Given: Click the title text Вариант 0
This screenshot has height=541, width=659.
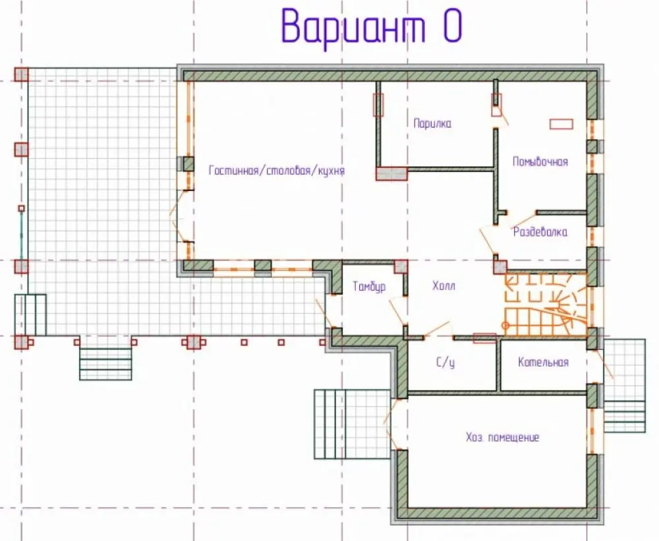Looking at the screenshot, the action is click(372, 27).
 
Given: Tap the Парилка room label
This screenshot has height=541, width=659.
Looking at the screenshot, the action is click(432, 124).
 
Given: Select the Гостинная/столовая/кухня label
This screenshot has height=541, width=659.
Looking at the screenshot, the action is click(277, 171).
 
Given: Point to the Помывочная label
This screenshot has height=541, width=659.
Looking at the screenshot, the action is click(540, 162).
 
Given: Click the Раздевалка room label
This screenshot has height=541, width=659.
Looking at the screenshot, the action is click(540, 232).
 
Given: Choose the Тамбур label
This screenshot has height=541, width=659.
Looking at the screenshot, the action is click(369, 287).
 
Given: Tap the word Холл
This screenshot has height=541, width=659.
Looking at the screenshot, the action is click(444, 286).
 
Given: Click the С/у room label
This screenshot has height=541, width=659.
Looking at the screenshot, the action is click(445, 362).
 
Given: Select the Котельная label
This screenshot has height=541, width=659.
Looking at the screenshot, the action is click(543, 362).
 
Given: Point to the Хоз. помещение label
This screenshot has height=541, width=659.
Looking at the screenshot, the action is click(502, 437).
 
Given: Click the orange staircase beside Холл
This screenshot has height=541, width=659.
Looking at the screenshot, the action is click(546, 304).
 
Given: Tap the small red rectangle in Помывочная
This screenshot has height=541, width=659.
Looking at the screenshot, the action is click(561, 124).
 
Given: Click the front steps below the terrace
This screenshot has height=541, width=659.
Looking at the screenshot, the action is click(105, 358).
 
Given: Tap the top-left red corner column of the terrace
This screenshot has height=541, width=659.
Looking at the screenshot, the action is click(22, 74).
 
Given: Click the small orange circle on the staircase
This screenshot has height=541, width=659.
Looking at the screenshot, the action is click(505, 326).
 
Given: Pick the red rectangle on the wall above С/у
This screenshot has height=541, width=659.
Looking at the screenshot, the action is click(484, 338).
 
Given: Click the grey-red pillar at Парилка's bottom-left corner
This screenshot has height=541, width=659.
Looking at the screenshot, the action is click(391, 173).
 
